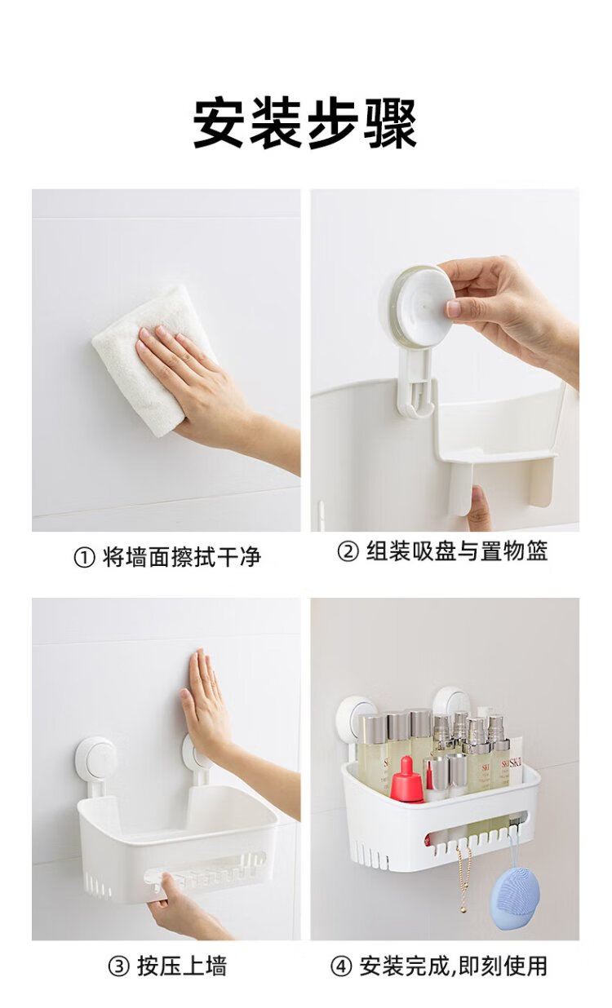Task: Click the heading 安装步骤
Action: tap(305, 123)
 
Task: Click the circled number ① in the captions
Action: tap(84, 558)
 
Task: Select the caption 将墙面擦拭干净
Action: tap(182, 557)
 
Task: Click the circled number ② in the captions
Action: tap(348, 551)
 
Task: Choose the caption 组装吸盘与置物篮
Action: tap(457, 550)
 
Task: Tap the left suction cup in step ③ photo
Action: tap(95, 762)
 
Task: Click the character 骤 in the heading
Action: tap(392, 123)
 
